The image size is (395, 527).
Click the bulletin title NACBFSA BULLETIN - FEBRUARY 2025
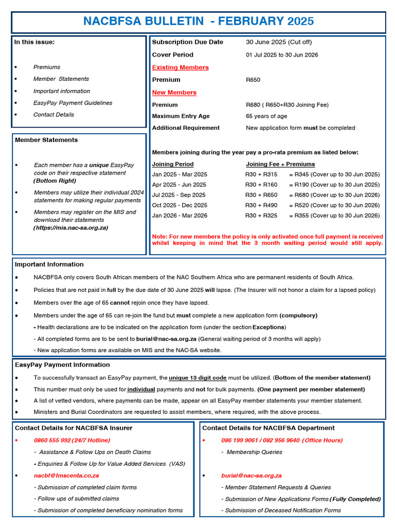(x=198, y=22)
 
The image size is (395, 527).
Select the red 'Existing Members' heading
(x=180, y=67)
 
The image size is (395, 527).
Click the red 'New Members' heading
(x=174, y=93)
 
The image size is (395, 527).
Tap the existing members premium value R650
(x=253, y=80)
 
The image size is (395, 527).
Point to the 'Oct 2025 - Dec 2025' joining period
(x=179, y=205)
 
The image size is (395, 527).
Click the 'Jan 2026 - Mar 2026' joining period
(x=179, y=216)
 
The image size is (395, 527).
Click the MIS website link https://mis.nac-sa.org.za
(x=71, y=227)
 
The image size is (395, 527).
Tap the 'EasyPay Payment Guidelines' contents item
(x=73, y=103)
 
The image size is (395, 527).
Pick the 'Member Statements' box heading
(x=46, y=140)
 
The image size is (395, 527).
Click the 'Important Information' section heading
(x=49, y=265)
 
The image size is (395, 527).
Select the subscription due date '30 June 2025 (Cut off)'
(x=279, y=42)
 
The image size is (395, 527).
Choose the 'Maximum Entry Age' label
(x=181, y=116)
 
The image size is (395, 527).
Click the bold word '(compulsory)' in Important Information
(x=298, y=315)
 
